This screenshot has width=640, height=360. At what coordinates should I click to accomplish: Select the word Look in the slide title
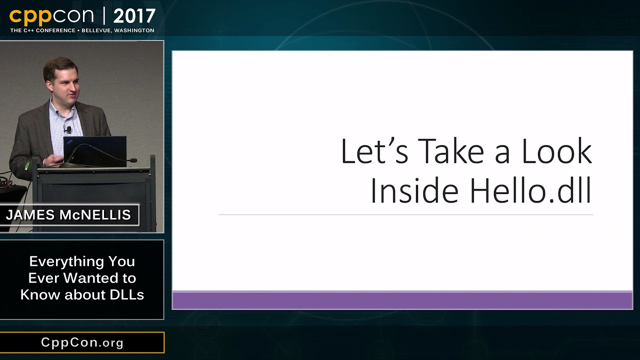tap(556, 151)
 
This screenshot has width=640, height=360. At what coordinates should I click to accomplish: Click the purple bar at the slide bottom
tap(402, 300)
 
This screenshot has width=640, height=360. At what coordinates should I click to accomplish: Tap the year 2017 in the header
tap(134, 16)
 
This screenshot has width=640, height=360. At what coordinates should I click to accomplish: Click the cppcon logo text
tap(51, 16)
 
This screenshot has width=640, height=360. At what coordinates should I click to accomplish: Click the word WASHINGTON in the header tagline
tap(134, 30)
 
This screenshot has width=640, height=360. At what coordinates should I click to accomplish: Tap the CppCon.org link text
tap(82, 342)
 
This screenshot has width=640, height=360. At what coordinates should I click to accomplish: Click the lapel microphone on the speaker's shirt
tap(68, 130)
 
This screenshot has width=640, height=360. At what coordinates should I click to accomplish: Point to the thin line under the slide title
tap(405, 215)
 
